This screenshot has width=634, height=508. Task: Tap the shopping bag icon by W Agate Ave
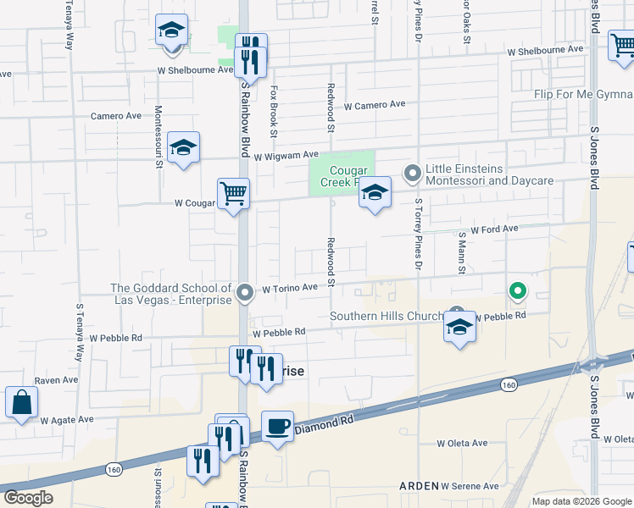(21, 402)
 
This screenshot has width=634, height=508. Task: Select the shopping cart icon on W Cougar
(233, 193)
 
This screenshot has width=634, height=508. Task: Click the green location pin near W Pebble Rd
(517, 291)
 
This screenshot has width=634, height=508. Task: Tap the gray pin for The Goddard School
(245, 293)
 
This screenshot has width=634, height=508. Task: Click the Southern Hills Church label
(386, 317)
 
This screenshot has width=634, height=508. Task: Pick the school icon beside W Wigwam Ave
(183, 148)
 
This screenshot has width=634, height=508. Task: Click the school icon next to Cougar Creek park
(374, 193)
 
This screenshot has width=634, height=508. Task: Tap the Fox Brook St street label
(274, 110)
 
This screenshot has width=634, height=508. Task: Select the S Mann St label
(462, 253)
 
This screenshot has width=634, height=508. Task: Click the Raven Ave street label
(56, 381)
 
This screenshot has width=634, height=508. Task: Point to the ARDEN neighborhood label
(419, 486)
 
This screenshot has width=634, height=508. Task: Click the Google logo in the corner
(28, 498)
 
